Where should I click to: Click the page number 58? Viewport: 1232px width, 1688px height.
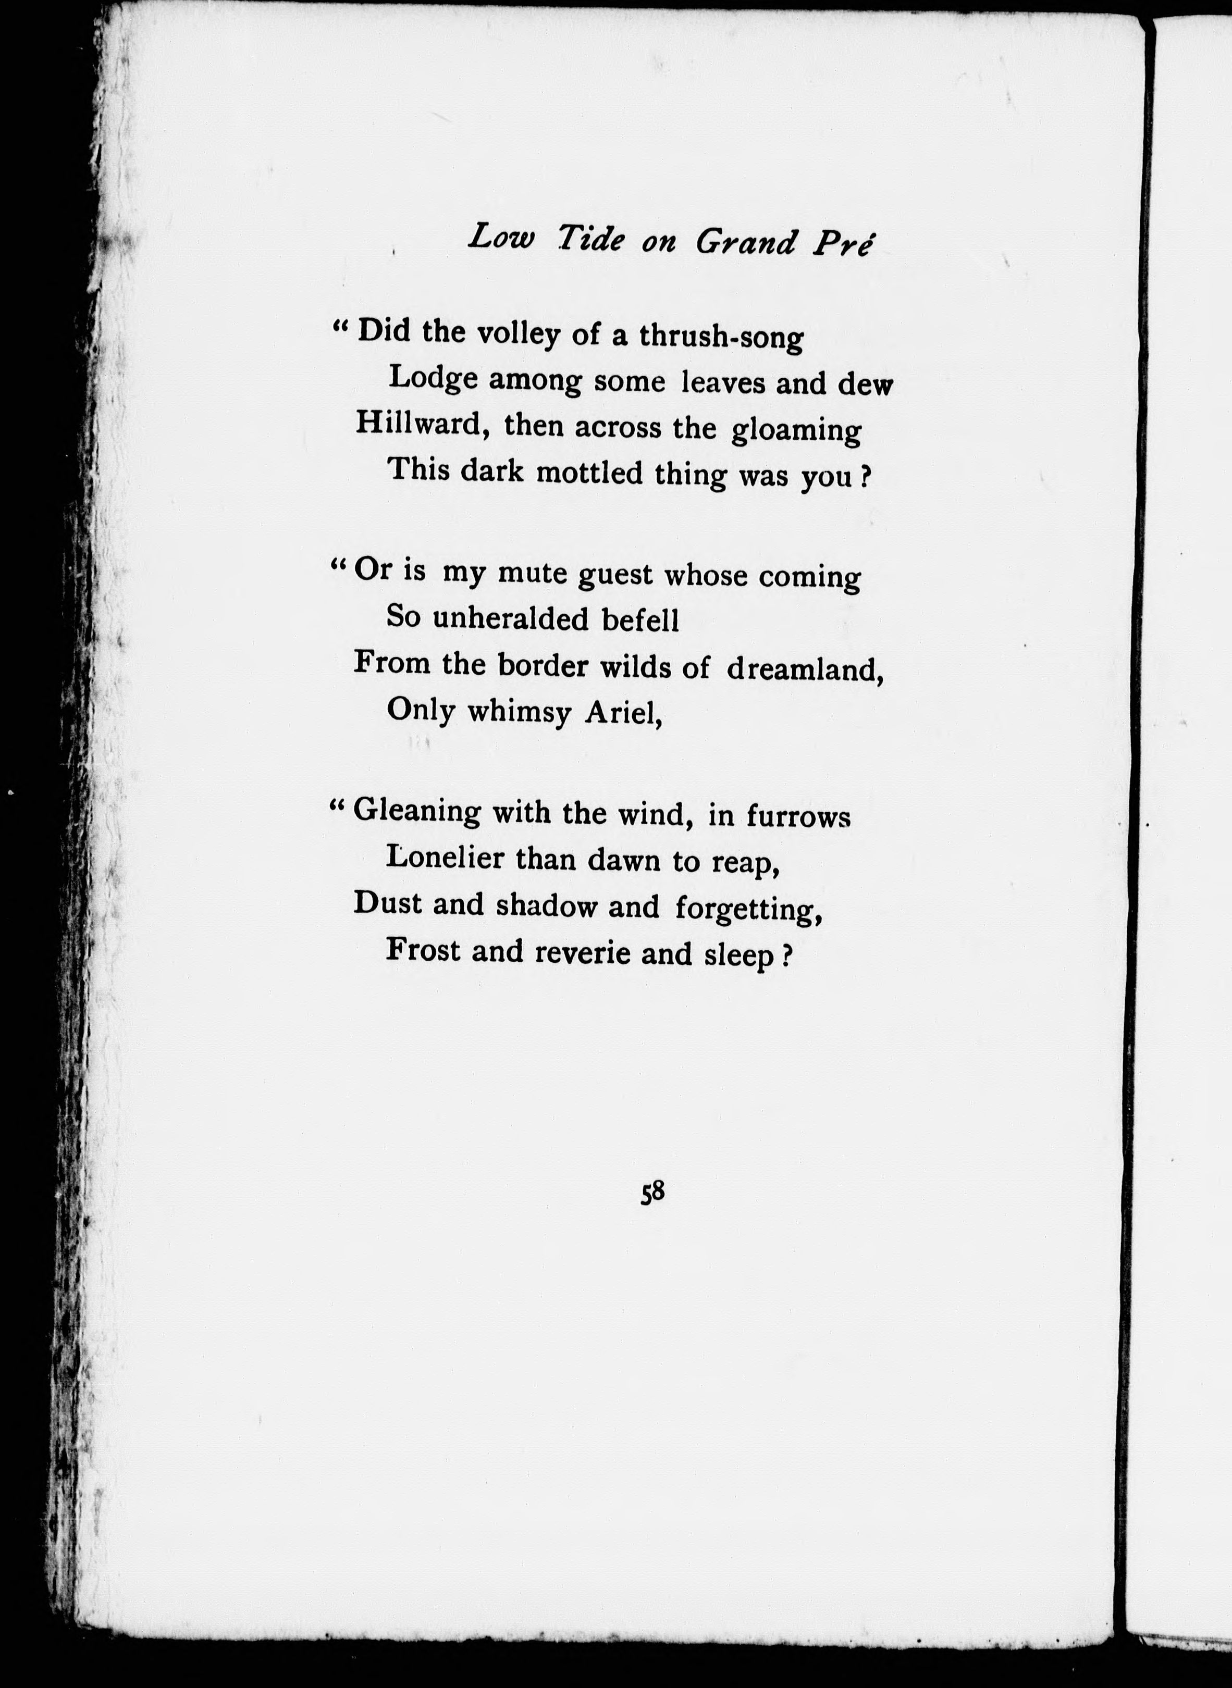pos(652,1192)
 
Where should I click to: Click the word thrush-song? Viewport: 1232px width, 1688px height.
pos(721,338)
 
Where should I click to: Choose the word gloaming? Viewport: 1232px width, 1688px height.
pos(796,432)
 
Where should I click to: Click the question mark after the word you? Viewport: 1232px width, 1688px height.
pos(867,477)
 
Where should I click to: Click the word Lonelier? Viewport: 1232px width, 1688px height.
pos(445,859)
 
